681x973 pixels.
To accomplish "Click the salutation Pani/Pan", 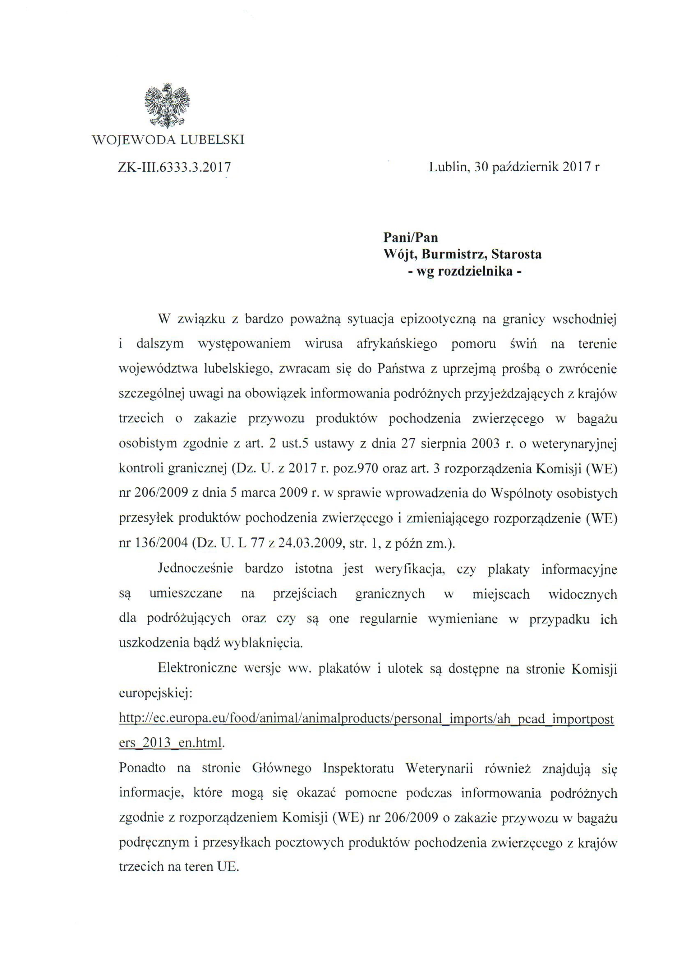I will [410, 237].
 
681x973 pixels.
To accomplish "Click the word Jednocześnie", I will [195, 569].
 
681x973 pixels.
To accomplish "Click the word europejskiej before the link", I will [156, 694].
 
